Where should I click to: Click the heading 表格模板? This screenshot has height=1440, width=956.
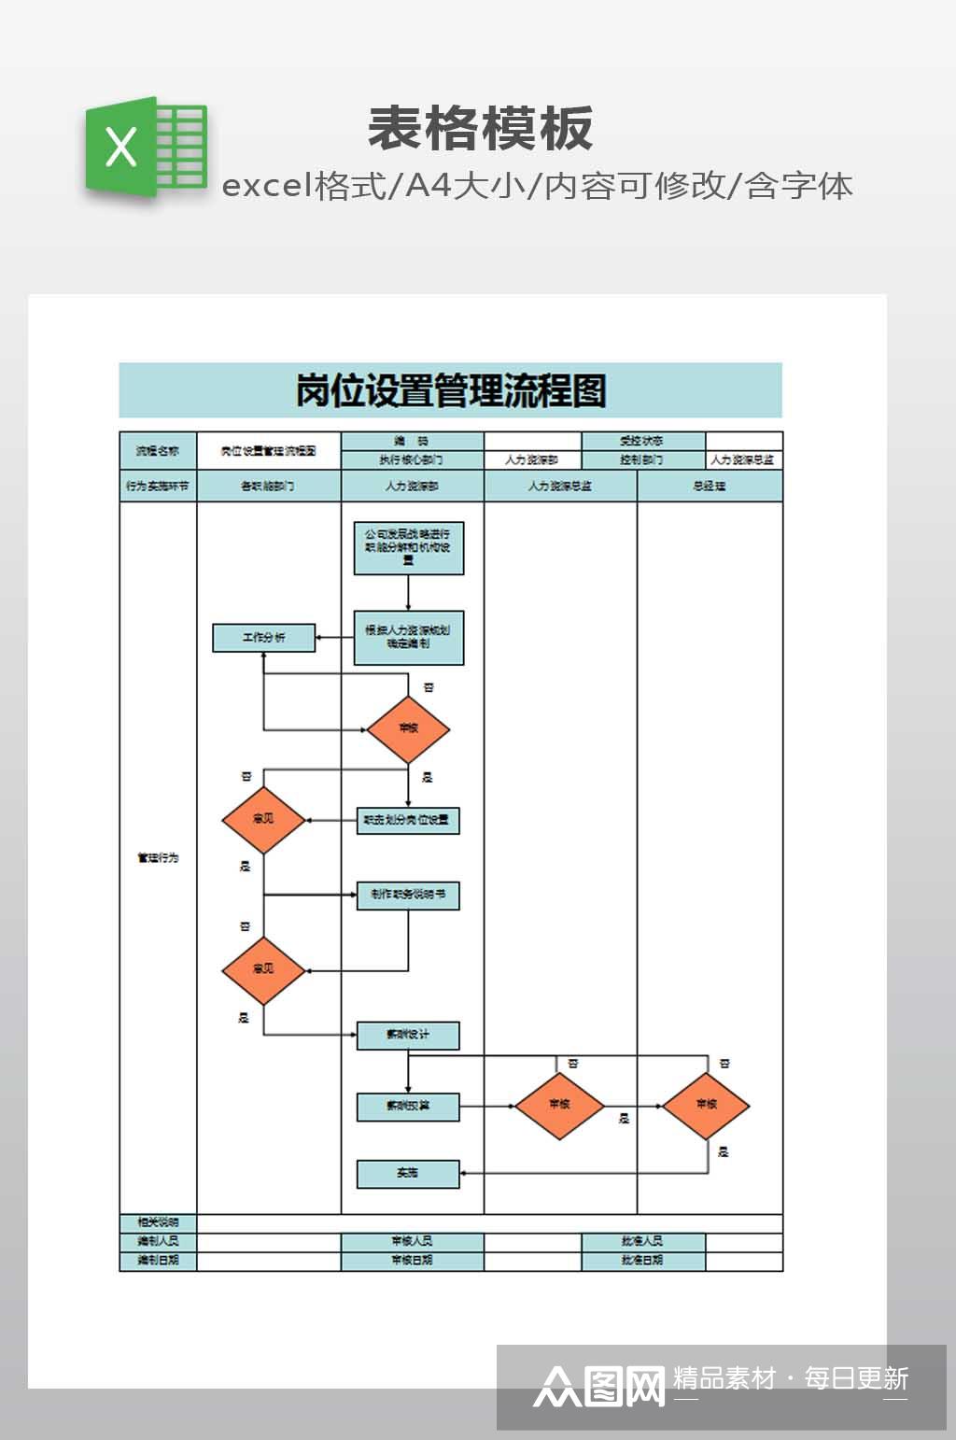[480, 129]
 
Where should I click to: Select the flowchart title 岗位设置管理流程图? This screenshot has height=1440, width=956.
[450, 390]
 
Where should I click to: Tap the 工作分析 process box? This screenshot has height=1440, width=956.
[264, 638]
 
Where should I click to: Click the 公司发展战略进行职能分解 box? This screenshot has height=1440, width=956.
[408, 548]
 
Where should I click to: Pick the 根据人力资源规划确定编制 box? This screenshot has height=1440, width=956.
[408, 638]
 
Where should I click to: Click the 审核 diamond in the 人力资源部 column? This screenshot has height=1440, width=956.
[408, 728]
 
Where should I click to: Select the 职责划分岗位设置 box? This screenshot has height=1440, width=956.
[408, 820]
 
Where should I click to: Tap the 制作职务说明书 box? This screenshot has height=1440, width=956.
[408, 895]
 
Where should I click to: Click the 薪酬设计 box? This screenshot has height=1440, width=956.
[408, 1035]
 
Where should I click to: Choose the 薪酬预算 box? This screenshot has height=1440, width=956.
[408, 1106]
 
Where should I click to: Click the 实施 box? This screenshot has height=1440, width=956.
[408, 1173]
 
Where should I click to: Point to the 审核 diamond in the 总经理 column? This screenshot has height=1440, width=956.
[706, 1105]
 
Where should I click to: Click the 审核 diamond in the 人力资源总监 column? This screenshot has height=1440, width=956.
[559, 1105]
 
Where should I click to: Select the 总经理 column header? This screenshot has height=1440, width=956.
[710, 486]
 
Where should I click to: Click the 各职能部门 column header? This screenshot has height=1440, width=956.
[268, 486]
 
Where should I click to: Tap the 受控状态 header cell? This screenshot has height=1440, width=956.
[642, 441]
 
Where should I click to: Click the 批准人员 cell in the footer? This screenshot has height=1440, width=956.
[642, 1241]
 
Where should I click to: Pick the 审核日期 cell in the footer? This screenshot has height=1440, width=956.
[412, 1260]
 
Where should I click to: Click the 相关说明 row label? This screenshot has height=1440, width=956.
[158, 1222]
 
